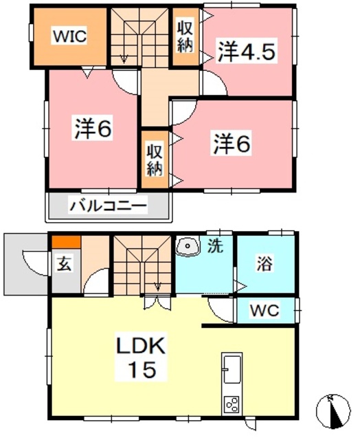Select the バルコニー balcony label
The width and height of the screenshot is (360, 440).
coord(108,205)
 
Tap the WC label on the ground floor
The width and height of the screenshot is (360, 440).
coord(265,309)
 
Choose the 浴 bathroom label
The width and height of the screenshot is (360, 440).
coord(265,263)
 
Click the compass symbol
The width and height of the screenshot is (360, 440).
coord(333,411)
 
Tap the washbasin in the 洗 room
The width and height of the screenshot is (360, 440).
coord(186,246)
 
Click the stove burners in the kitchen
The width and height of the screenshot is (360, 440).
coord(232,405)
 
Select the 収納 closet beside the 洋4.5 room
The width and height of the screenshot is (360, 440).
coord(185,37)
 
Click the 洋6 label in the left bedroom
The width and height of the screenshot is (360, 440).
coord(93,129)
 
